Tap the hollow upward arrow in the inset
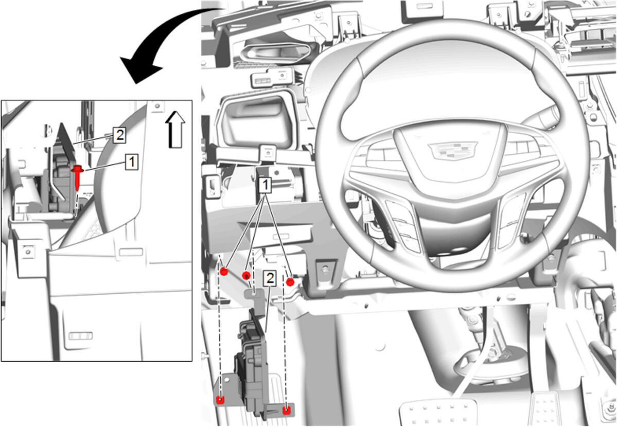tap(175, 129)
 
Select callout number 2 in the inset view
tap(119, 135)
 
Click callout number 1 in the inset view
tap(132, 162)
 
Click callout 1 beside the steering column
tap(266, 185)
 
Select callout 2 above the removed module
tap(270, 278)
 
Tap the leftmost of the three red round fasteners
tap(224, 272)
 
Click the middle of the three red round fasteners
tap(246, 275)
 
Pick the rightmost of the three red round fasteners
tap(290, 282)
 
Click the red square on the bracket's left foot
tap(220, 400)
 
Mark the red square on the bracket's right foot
tap(287, 411)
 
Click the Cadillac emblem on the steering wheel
tap(452, 151)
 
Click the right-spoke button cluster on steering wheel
tap(511, 219)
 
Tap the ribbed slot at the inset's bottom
tap(80, 336)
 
